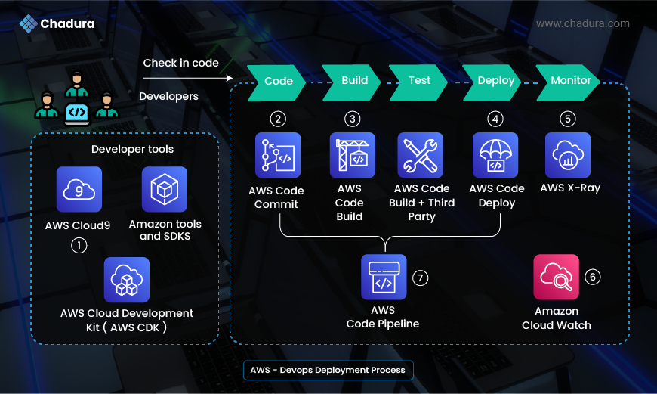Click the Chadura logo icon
[28, 24]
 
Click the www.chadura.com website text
[582, 23]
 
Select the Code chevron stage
[277, 81]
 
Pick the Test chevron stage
[419, 80]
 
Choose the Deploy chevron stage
[495, 81]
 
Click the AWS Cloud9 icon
[79, 190]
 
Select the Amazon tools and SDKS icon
[165, 190]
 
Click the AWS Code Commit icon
[278, 156]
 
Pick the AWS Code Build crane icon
[352, 155]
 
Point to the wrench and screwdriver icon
[420, 155]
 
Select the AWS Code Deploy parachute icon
[495, 155]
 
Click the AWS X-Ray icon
[568, 155]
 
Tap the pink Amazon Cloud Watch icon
[556, 277]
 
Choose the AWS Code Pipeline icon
[384, 277]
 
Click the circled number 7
[420, 278]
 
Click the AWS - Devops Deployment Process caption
[328, 370]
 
